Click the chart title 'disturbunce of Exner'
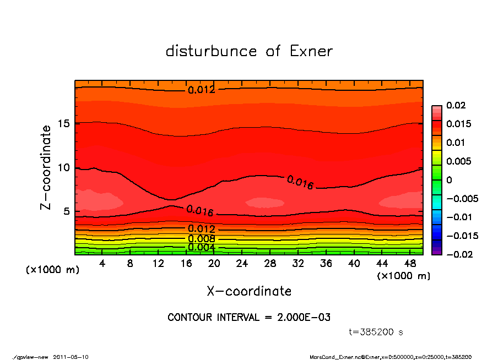(249, 51)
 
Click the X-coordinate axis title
(249, 291)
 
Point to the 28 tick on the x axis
(270, 264)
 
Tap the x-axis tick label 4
(102, 264)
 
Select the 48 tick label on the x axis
(409, 264)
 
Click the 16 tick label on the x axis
(186, 264)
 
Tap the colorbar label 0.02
(456, 105)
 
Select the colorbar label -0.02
(458, 254)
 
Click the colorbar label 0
(449, 180)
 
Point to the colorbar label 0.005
(458, 161)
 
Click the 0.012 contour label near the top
(201, 90)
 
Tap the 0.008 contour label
(201, 239)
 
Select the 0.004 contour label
(201, 247)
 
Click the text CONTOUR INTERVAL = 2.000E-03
(249, 317)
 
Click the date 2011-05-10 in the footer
(71, 357)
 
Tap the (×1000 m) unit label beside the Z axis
(48, 270)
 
